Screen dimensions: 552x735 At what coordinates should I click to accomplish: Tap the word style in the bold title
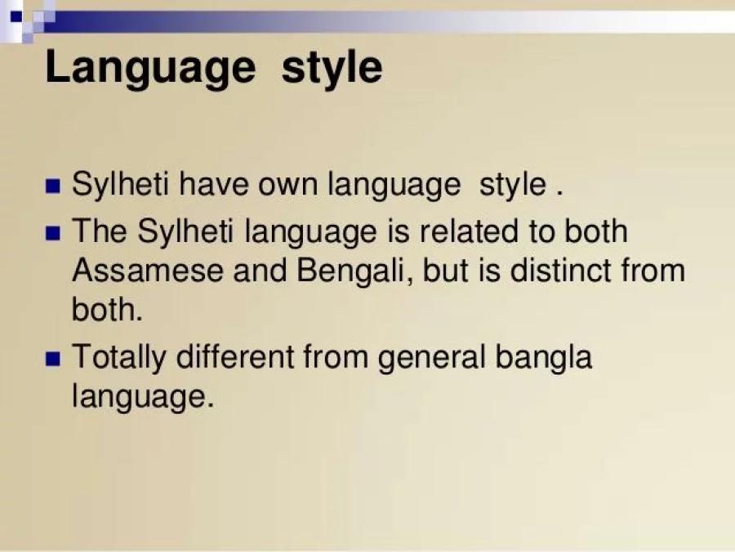click(x=332, y=68)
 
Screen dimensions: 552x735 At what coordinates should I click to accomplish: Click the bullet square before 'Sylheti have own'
click(x=54, y=186)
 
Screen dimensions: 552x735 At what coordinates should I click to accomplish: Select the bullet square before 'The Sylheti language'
click(x=54, y=232)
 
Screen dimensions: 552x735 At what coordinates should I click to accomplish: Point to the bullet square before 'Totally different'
click(x=54, y=359)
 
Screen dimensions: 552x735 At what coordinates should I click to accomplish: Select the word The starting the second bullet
click(x=100, y=231)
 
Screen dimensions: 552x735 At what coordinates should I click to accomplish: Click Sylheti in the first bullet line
click(x=120, y=186)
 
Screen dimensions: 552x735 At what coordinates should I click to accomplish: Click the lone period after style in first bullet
click(x=559, y=194)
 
